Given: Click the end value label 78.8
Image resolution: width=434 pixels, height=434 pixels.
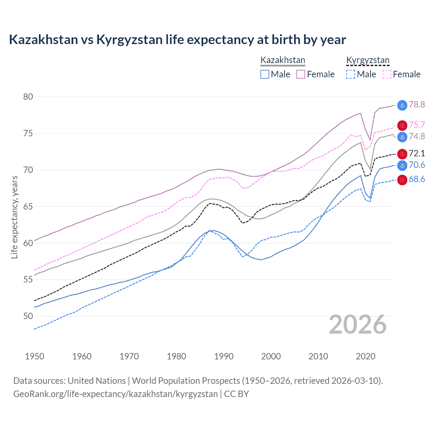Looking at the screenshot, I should (x=417, y=104).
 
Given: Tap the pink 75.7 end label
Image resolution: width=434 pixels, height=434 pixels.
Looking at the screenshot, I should (x=417, y=125).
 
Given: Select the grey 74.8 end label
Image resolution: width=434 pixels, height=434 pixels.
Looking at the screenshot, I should (x=417, y=136).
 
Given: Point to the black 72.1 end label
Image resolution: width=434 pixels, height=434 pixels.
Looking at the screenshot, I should (x=417, y=153).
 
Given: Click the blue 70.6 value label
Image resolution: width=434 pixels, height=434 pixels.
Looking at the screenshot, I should (x=417, y=165).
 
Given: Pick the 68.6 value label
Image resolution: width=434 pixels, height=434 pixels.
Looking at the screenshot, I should (x=417, y=179).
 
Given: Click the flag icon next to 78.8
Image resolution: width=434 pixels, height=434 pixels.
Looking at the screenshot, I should (x=402, y=105).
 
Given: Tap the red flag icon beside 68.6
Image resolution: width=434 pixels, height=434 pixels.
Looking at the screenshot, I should (x=402, y=180).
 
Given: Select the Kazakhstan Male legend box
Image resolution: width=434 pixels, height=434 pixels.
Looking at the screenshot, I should (x=265, y=74).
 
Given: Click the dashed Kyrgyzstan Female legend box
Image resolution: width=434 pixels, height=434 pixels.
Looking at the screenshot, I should (x=387, y=74).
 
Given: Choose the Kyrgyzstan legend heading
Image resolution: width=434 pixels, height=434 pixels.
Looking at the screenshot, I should (x=368, y=60).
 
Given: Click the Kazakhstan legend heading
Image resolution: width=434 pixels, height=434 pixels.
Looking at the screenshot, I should (x=283, y=60).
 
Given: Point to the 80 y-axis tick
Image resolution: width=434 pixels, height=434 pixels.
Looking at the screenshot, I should (x=28, y=97).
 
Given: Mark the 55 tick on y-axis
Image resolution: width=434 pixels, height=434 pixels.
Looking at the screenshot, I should (x=28, y=280).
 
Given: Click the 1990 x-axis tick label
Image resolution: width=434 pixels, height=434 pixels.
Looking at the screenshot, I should (x=224, y=356).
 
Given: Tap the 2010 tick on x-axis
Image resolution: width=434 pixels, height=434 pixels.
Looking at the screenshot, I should (x=318, y=356).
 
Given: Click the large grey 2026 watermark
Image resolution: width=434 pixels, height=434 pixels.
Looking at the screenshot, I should (x=358, y=324).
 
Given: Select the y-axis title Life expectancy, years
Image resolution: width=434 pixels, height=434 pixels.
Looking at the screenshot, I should (x=14, y=217).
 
